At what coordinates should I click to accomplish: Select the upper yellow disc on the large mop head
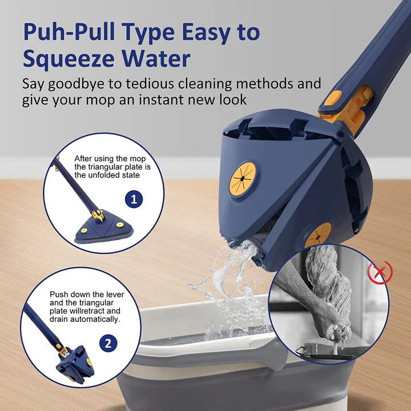tap(241, 177)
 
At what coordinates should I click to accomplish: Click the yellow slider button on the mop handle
tap(333, 98)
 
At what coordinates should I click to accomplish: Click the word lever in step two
tap(115, 294)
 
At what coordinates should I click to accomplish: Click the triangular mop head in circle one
tap(100, 228)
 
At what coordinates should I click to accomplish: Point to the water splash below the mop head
tap(228, 285)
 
